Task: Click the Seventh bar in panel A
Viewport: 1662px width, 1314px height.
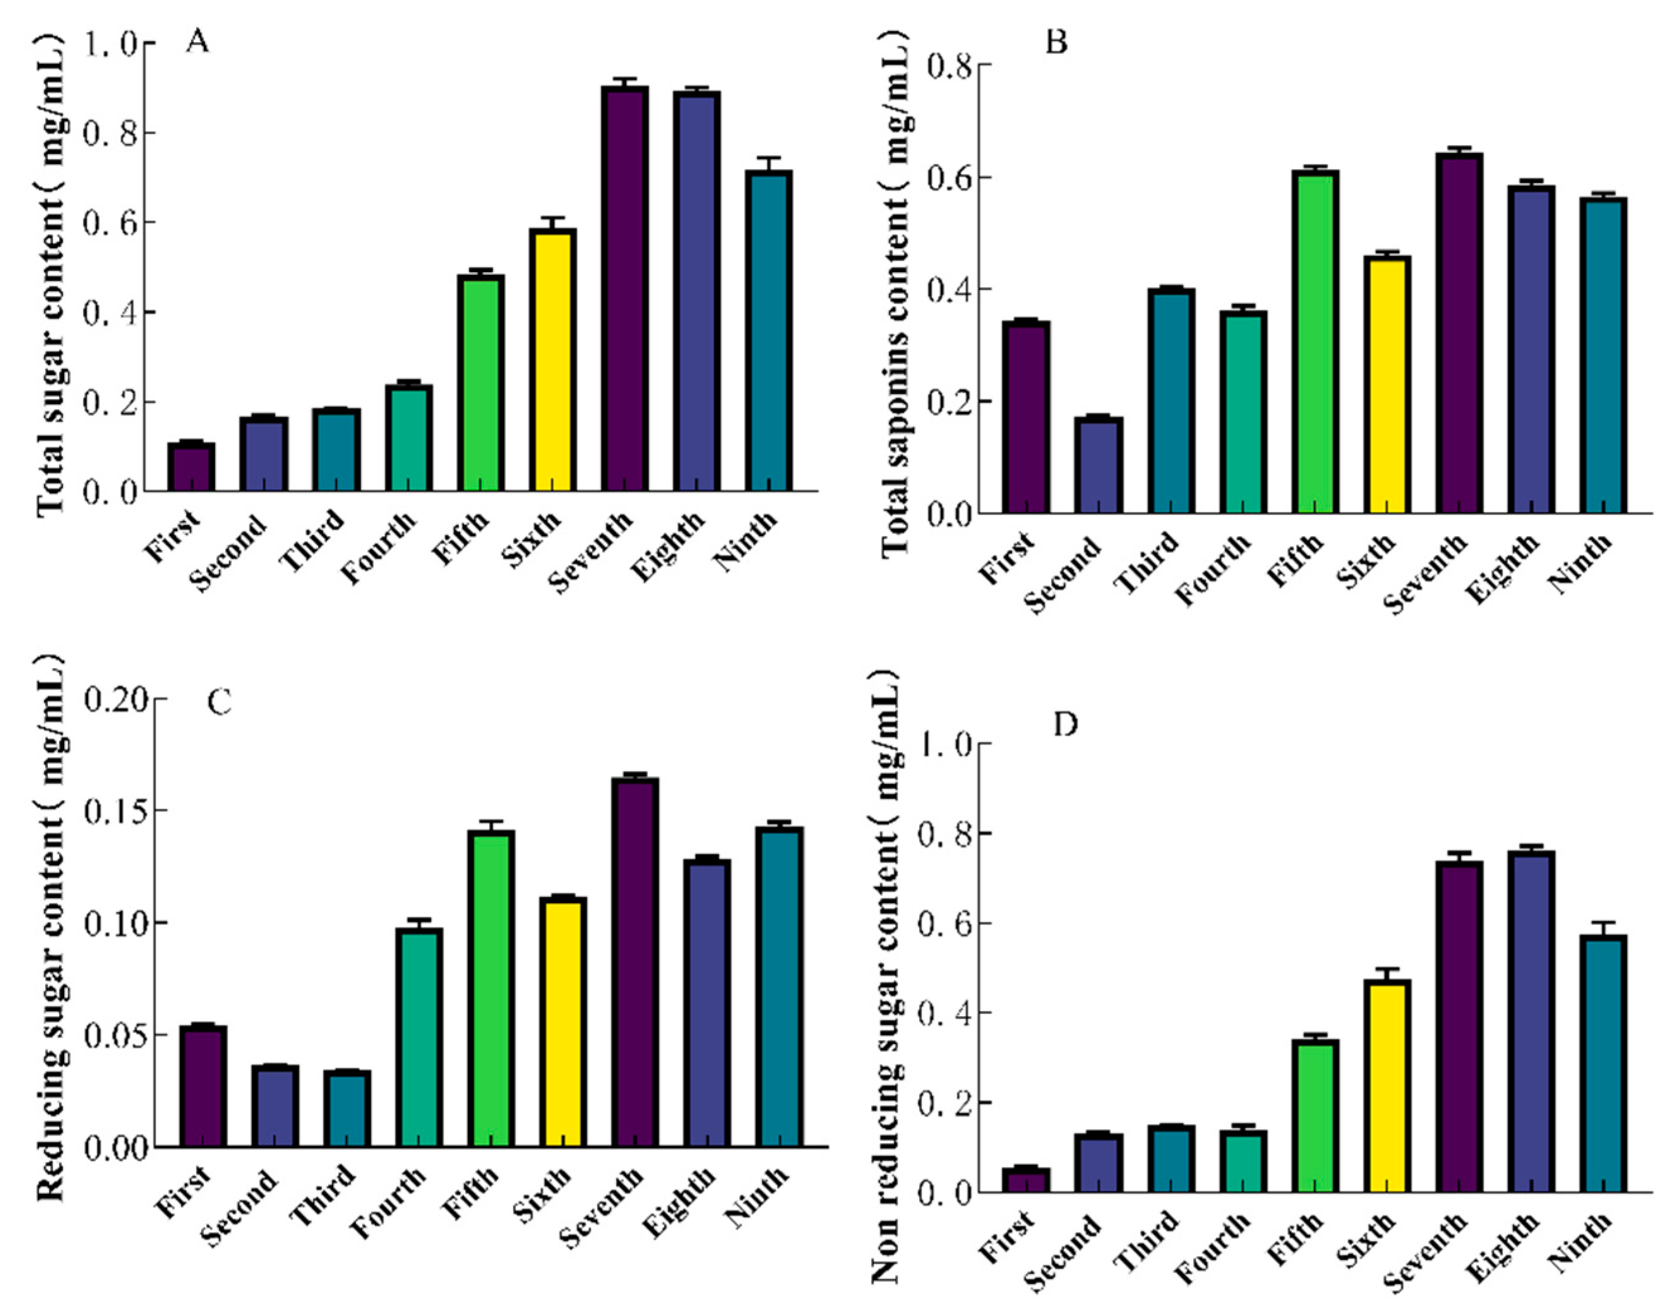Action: click(x=625, y=288)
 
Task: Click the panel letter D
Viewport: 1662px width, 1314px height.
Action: click(x=1065, y=725)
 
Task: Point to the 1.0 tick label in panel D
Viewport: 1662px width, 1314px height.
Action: click(x=944, y=744)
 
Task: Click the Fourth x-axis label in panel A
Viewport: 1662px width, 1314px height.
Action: click(x=379, y=548)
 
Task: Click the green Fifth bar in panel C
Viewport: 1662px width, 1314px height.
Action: click(x=491, y=988)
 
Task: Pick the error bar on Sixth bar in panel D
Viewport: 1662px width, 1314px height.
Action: click(x=1387, y=975)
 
